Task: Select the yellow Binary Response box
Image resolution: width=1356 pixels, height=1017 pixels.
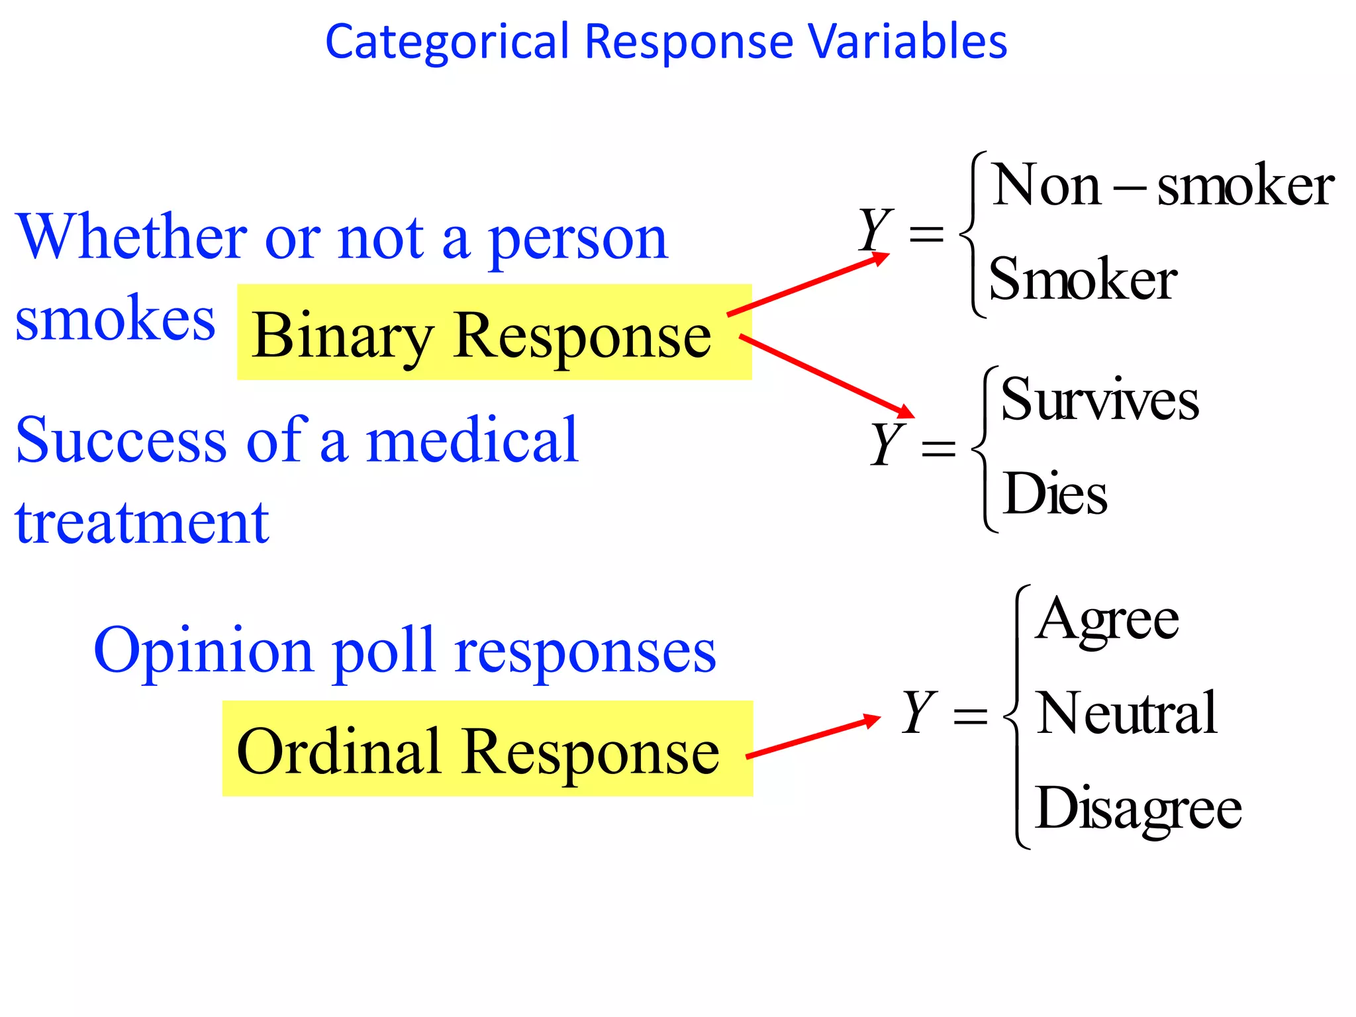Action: (494, 332)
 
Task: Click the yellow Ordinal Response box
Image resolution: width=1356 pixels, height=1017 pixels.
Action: (487, 748)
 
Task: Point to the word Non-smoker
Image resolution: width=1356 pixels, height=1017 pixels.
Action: (1163, 186)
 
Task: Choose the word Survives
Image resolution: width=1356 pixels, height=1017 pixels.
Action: (1099, 399)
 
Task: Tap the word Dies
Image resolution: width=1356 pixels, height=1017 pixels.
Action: (1055, 494)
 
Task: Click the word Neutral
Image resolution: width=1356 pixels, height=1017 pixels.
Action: (1126, 713)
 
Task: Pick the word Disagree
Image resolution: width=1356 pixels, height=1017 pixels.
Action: (1138, 808)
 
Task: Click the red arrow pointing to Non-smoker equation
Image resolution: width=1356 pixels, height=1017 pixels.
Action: (808, 285)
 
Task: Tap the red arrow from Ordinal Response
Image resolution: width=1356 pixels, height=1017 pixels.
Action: (813, 737)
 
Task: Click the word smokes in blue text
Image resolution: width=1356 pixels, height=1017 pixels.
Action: (115, 319)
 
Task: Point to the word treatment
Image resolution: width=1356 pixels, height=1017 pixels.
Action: (142, 523)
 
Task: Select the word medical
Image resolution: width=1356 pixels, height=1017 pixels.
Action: (472, 440)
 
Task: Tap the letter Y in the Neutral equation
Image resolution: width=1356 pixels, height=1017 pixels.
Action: (919, 712)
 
